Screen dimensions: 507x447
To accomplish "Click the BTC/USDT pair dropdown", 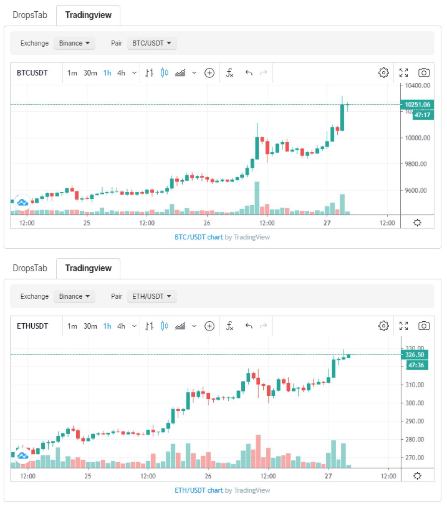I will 151,43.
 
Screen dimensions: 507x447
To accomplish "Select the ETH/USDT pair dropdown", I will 151,296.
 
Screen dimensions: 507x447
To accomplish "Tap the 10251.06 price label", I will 417,105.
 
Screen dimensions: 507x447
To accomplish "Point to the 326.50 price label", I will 415,355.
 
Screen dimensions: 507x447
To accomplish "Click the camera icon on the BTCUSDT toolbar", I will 424,72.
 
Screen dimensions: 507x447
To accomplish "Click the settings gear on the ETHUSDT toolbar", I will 383,326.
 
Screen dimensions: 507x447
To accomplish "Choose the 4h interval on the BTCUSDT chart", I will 121,73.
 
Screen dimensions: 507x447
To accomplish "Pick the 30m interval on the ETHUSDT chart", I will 90,326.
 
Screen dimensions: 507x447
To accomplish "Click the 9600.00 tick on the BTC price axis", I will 416,190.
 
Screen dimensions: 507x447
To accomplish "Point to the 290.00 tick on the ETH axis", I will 415,421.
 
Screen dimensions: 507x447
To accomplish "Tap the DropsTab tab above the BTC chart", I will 30,15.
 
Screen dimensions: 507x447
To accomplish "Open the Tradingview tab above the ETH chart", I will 88,268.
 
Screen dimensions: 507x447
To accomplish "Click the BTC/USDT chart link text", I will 199,237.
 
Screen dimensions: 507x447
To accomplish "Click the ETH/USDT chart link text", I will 199,490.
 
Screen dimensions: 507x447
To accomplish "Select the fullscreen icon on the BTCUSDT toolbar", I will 403,72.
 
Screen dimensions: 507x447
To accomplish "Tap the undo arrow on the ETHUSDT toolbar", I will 248,326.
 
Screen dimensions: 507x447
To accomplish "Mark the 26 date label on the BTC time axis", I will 207,223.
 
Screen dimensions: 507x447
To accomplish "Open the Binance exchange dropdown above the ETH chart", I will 74,296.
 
